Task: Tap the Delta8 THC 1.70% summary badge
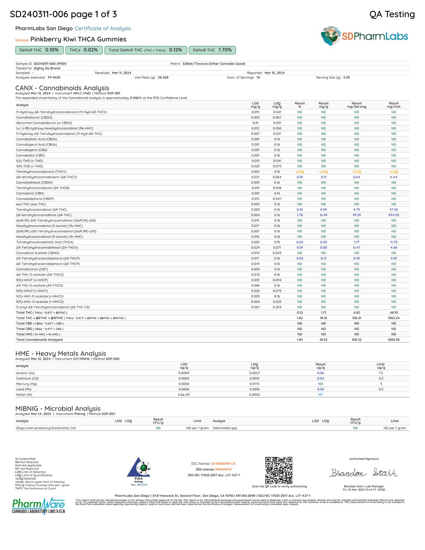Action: [x=212, y=50]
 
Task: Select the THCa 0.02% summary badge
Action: [x=84, y=50]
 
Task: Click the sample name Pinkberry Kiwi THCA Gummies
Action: [x=78, y=39]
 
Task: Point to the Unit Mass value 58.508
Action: [x=163, y=77]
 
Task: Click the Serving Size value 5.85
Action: [x=347, y=77]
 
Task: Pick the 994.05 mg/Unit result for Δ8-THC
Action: [x=394, y=215]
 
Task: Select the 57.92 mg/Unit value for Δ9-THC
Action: [x=394, y=210]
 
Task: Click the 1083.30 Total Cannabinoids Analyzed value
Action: [x=394, y=340]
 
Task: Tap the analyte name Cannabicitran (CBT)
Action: [x=32, y=269]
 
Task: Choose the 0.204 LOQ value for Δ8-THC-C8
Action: [x=277, y=307]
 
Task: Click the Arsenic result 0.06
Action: [x=320, y=373]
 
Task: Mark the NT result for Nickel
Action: [x=320, y=395]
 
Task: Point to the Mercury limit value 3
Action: [x=381, y=384]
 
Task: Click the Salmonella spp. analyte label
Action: [x=225, y=428]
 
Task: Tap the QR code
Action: [x=279, y=470]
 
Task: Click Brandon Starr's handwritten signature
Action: [x=364, y=473]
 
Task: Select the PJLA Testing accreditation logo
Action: [x=139, y=470]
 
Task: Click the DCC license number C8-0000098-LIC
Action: [x=223, y=464]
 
